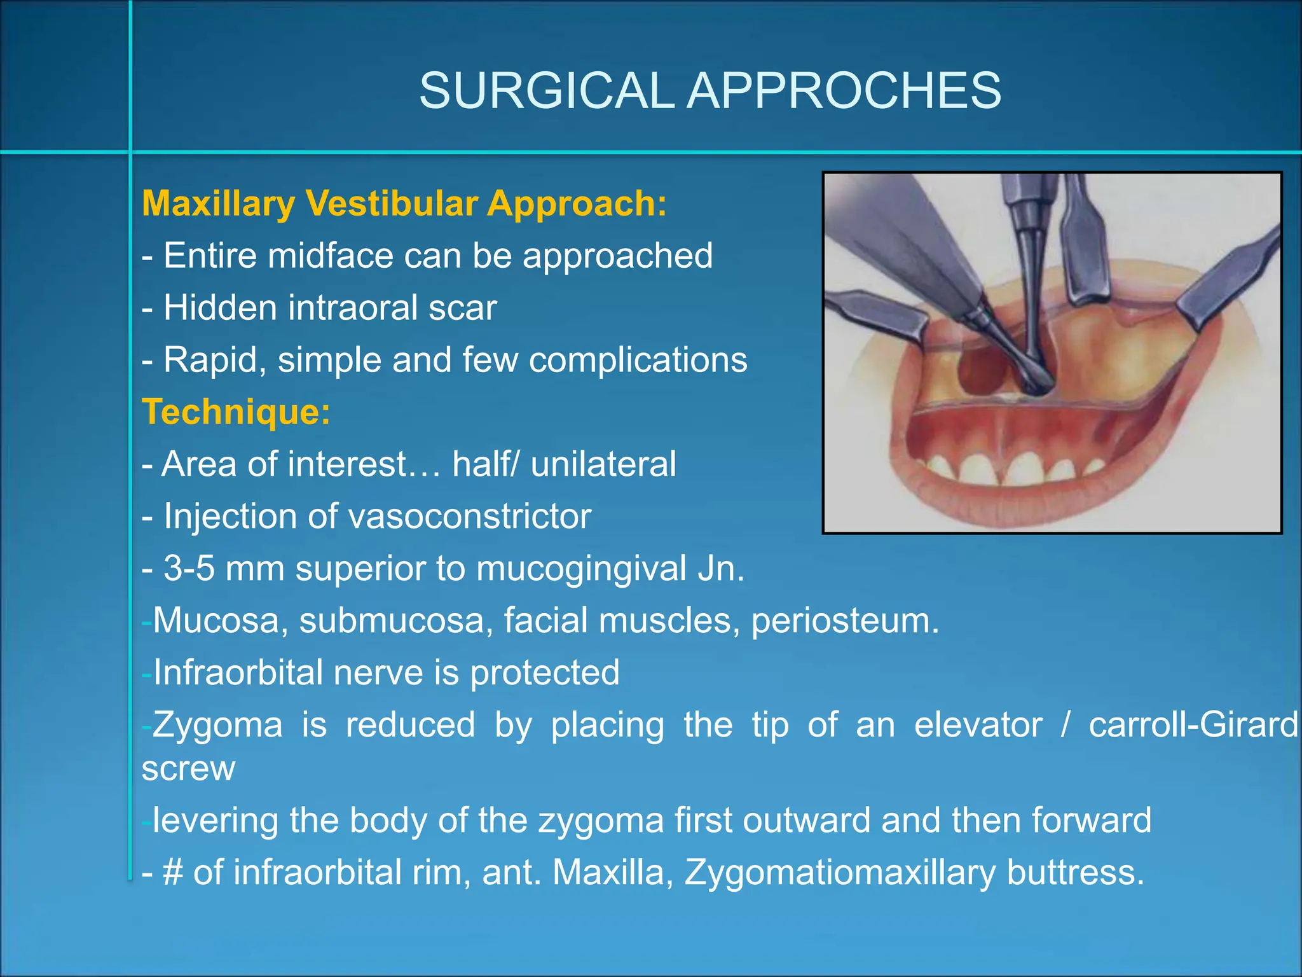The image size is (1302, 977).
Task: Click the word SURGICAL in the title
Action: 546,91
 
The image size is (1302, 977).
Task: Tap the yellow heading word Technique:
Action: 236,412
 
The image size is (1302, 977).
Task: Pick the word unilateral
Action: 603,464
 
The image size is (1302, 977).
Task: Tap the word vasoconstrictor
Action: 470,516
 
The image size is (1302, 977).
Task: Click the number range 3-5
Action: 189,568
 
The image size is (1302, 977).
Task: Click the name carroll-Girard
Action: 1193,724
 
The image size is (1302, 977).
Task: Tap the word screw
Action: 188,768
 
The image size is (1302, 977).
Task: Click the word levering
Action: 216,820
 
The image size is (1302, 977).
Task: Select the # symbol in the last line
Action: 173,872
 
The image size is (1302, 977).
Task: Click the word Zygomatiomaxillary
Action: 839,872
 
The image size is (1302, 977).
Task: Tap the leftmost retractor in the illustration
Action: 881,315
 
